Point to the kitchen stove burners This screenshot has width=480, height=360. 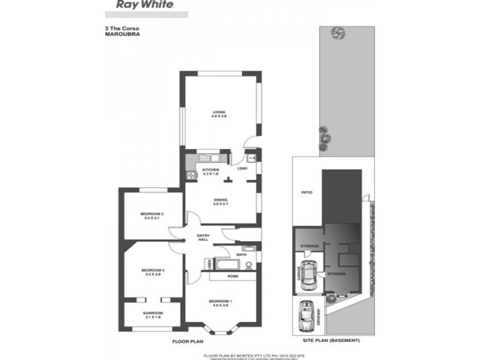(x=191, y=176)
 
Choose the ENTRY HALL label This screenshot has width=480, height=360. (x=203, y=238)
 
